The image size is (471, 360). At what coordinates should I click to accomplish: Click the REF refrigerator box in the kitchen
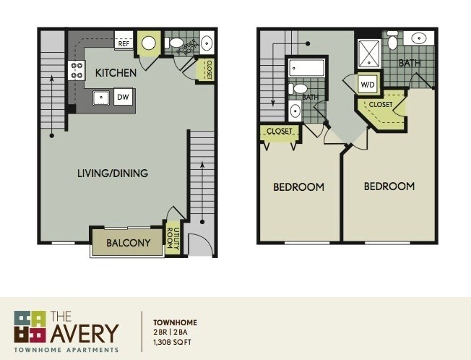click(124, 44)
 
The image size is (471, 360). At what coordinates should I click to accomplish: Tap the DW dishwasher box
click(123, 98)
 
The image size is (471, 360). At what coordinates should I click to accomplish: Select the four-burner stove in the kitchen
click(76, 70)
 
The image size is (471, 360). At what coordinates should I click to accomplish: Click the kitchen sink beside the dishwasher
click(101, 98)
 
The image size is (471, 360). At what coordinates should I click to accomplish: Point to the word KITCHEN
click(111, 72)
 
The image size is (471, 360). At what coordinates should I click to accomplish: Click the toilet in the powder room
click(174, 43)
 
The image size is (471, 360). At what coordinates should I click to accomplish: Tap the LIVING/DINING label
click(113, 173)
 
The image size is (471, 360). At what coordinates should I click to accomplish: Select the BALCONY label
click(127, 244)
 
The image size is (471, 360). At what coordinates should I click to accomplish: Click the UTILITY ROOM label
click(173, 238)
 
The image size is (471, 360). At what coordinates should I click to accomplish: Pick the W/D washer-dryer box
click(368, 85)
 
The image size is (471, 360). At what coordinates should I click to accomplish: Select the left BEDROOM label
click(298, 187)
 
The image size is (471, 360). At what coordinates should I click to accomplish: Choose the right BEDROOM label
click(389, 187)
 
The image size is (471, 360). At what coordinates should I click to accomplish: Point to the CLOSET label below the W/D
click(381, 105)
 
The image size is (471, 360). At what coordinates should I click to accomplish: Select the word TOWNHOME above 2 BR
click(176, 322)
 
